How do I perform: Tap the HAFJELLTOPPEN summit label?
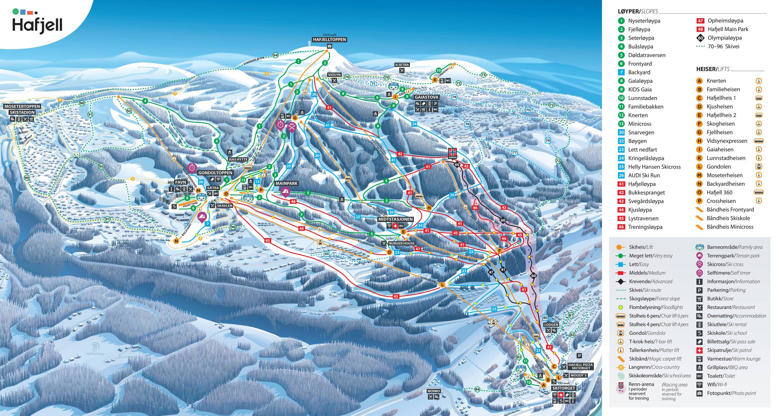329,40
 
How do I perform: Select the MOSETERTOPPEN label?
22,106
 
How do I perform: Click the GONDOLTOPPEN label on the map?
215,173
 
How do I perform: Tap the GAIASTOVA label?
426,97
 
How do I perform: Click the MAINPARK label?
286,183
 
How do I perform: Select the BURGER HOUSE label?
402,243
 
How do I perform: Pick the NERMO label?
434,391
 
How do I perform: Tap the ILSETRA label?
402,65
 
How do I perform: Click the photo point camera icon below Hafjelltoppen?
329,46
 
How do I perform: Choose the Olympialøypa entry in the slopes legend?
724,38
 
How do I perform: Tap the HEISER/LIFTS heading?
713,69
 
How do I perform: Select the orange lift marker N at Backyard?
176,241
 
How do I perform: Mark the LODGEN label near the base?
551,325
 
